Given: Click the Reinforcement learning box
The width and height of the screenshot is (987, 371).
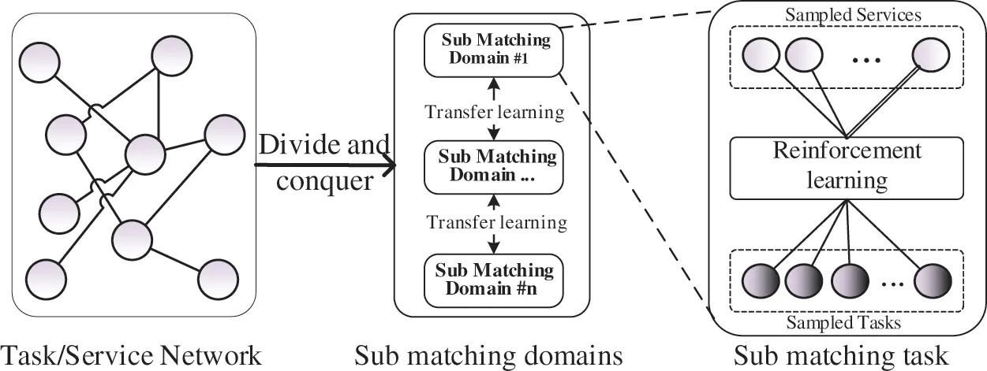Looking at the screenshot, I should (847, 167).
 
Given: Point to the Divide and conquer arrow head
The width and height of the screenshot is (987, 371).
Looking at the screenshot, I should (388, 166).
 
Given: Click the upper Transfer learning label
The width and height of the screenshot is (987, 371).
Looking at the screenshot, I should (495, 113).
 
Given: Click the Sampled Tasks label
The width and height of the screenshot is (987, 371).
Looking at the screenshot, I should (845, 322).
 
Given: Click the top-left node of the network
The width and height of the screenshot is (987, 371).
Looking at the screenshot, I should (39, 63).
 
